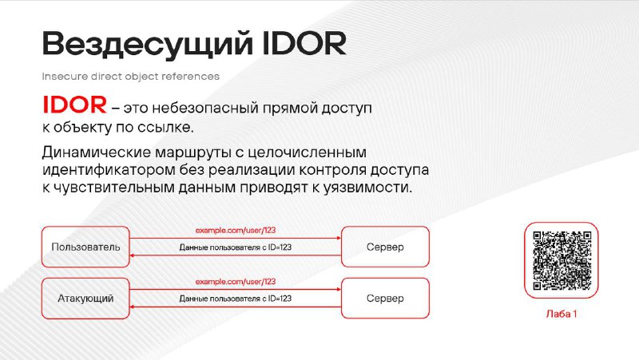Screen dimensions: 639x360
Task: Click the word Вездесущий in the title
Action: tap(148, 44)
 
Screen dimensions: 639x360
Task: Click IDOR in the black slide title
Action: tap(304, 43)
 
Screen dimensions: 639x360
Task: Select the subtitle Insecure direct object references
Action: tap(131, 77)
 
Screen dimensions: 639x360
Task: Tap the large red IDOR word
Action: tap(74, 105)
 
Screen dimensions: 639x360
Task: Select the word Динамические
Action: tap(97, 152)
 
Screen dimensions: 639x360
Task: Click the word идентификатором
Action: tap(109, 170)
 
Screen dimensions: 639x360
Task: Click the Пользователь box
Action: tap(85, 247)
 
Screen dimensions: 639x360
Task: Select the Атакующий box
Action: tap(85, 298)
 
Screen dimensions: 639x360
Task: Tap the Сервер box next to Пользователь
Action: tap(385, 247)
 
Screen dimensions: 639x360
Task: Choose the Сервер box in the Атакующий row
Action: tap(385, 298)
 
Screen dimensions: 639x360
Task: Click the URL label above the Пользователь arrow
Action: tap(236, 231)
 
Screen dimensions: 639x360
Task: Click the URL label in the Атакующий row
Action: tap(236, 282)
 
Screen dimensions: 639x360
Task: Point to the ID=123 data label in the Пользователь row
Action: tap(236, 247)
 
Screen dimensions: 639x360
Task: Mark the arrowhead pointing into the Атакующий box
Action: tap(132, 307)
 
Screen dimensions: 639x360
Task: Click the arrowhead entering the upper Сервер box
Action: tap(339, 238)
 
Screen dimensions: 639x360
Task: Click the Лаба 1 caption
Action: tap(562, 314)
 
